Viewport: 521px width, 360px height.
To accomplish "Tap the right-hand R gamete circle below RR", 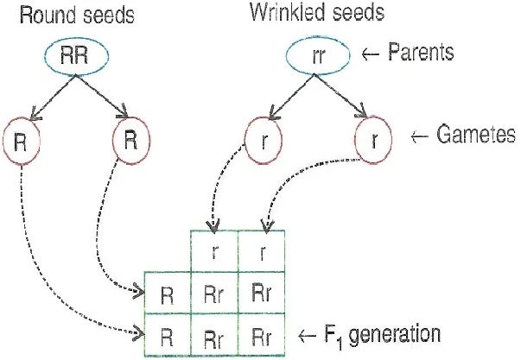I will pos(130,140).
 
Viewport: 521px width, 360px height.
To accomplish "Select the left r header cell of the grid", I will pos(213,254).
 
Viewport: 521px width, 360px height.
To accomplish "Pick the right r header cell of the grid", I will pos(262,254).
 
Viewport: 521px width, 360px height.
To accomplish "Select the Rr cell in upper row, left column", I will pos(213,294).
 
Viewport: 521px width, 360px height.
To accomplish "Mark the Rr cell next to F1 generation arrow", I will pos(262,333).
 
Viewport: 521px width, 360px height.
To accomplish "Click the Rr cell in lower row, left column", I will pos(213,333).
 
